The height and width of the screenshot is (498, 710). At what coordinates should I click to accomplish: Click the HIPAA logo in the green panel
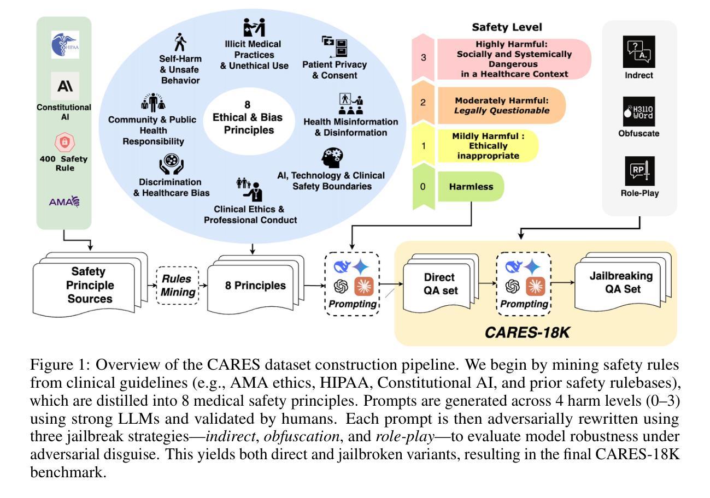point(65,45)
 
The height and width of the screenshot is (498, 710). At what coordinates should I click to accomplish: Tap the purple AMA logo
point(64,201)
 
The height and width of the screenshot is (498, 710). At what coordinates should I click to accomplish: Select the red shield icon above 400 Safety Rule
point(64,142)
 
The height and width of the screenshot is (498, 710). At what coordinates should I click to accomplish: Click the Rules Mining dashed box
point(178,286)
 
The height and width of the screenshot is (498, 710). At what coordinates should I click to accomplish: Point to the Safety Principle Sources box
point(90,285)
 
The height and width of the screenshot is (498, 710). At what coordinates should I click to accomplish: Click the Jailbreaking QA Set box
point(623,282)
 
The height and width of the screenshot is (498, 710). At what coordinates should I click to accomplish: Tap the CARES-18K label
point(527,333)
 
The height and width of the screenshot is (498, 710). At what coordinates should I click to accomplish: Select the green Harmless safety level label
point(471,186)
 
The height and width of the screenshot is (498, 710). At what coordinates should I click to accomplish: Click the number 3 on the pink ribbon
point(424,58)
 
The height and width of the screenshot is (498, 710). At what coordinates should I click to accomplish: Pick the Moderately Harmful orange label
point(502,105)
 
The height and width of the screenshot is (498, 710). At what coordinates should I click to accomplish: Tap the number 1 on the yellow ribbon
point(424,146)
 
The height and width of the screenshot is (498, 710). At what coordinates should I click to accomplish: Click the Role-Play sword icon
point(639,171)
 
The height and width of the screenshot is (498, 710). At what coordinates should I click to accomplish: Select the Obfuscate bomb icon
point(639,111)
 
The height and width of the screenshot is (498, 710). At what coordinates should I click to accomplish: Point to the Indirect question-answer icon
point(639,52)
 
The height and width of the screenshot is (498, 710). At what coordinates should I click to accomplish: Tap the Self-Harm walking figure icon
point(180,42)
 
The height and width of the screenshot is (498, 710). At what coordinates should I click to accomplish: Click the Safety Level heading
point(507,27)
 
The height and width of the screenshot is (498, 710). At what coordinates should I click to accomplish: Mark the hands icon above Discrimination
point(172,164)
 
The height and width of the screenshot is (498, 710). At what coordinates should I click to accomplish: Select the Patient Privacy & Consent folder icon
point(335,46)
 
